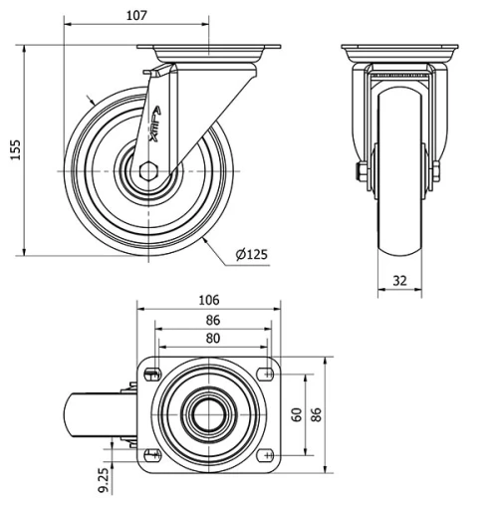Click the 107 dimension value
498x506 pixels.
(x=137, y=15)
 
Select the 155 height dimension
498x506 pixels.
(x=14, y=149)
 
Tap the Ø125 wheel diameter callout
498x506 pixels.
(x=252, y=254)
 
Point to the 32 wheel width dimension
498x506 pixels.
(x=399, y=280)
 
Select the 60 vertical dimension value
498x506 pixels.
(x=296, y=414)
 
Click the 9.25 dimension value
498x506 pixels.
(x=104, y=479)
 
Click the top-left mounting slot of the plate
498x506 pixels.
(x=152, y=375)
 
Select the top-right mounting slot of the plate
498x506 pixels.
(x=267, y=375)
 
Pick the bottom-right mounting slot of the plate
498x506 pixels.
(x=267, y=454)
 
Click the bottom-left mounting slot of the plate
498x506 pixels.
(x=152, y=454)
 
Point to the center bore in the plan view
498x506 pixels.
(x=210, y=414)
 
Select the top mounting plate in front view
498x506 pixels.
(x=398, y=52)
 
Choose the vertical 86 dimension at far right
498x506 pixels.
(x=318, y=414)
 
